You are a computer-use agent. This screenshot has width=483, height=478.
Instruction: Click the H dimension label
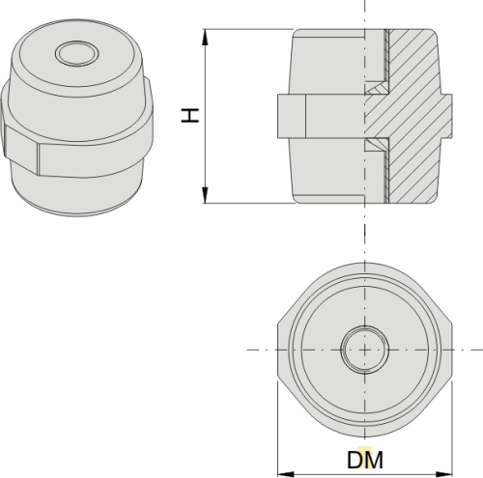[192, 115]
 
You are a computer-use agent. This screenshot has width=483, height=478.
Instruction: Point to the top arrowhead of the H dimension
[206, 37]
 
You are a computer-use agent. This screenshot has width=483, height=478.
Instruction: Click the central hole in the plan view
[365, 348]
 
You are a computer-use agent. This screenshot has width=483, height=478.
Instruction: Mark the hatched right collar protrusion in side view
[445, 117]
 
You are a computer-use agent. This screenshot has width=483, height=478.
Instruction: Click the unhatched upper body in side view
[328, 63]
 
